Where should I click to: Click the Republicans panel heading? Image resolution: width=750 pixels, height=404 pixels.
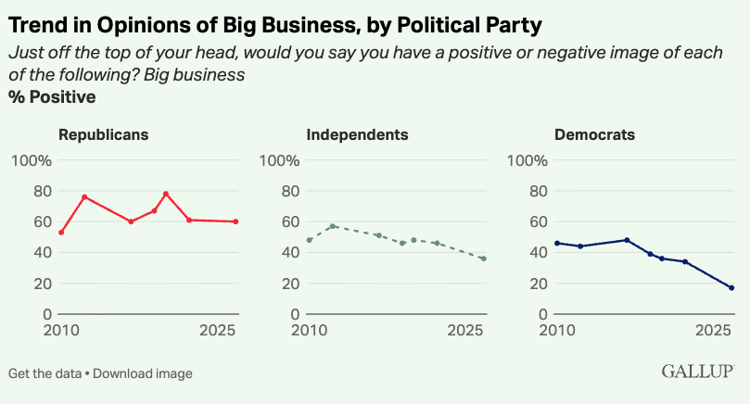pyautogui.click(x=104, y=134)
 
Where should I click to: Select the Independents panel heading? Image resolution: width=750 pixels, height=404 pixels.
pyautogui.click(x=357, y=134)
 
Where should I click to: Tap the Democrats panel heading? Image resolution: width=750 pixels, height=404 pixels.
pyautogui.click(x=594, y=134)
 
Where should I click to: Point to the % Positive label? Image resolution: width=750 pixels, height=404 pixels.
pyautogui.click(x=52, y=96)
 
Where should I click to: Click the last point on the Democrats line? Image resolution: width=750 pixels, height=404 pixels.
pyautogui.click(x=731, y=288)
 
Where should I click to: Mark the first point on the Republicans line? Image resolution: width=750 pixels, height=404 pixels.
pyautogui.click(x=61, y=233)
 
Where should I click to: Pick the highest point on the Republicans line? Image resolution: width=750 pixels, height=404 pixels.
pyautogui.click(x=166, y=194)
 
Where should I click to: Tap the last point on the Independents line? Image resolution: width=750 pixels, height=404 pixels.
pyautogui.click(x=484, y=259)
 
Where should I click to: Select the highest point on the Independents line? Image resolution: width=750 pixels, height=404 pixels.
pyautogui.click(x=332, y=226)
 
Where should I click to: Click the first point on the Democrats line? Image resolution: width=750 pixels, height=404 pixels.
pyautogui.click(x=557, y=243)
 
